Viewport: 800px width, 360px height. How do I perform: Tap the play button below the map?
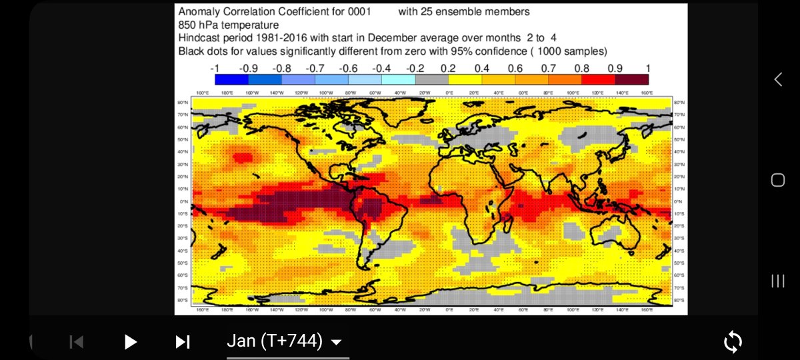[131, 342]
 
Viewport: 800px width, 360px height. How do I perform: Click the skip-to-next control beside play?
[182, 342]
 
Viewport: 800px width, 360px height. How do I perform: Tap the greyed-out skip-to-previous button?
[77, 342]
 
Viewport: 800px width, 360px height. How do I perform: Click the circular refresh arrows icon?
[733, 342]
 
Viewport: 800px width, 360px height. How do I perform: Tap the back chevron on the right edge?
[777, 79]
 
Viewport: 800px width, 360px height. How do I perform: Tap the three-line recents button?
[777, 281]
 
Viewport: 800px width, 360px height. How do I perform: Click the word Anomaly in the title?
[198, 11]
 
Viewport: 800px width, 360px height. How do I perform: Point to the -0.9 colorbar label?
[249, 68]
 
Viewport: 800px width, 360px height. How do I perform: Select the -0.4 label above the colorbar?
[382, 68]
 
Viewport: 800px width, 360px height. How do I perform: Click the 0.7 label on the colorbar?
[549, 68]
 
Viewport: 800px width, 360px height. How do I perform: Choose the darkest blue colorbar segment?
[232, 79]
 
